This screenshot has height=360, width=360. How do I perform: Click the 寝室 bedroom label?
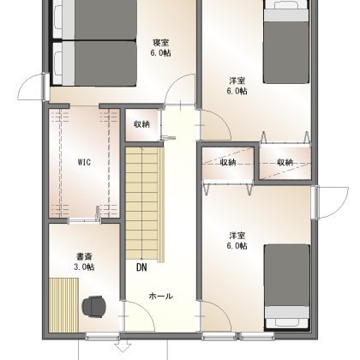point(160,43)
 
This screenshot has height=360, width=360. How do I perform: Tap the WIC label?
point(84,162)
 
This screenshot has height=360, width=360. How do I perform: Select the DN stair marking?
point(141,267)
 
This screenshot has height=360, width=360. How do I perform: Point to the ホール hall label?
point(161,296)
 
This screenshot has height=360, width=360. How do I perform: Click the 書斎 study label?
point(84,256)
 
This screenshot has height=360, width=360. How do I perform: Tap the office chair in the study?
point(94,307)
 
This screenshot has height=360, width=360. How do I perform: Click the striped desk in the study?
point(63,305)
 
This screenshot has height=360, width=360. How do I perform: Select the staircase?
point(145,205)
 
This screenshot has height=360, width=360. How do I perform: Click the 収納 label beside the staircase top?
point(141,124)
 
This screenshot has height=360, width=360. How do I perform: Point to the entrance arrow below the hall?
point(123,347)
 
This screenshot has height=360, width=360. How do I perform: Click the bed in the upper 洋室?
point(286,41)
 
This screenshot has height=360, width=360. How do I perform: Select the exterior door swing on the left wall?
point(32,86)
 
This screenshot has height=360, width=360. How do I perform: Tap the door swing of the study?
point(140,315)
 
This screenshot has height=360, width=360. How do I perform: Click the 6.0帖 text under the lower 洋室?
point(237,246)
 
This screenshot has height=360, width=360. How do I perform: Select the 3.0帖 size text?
point(84,267)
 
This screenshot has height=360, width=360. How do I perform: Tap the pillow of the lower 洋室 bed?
point(286,322)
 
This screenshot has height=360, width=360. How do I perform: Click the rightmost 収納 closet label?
point(285,162)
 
